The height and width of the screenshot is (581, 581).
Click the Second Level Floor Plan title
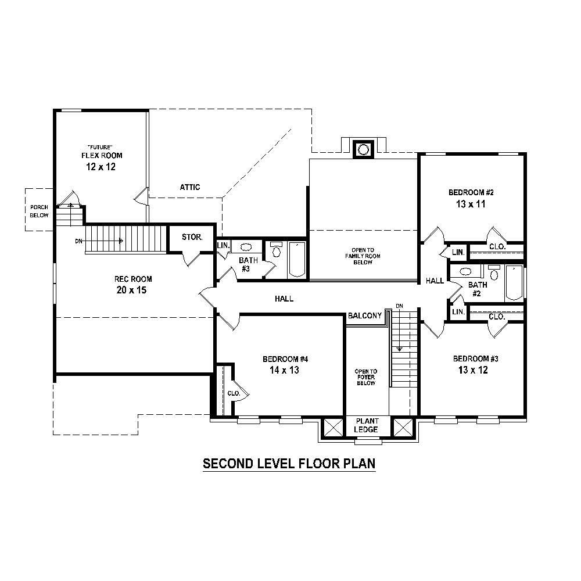[x=289, y=464]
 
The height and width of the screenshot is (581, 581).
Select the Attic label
[x=189, y=187]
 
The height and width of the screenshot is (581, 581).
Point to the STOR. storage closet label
[x=192, y=237]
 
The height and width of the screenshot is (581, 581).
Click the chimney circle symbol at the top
[x=363, y=149]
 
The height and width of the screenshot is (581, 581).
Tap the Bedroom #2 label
[x=471, y=192]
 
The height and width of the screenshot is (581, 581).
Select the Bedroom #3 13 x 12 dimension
[x=471, y=370]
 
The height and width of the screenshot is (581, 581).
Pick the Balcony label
[x=364, y=316]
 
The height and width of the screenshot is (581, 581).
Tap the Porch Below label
[x=39, y=210]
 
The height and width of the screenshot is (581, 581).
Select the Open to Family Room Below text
[x=362, y=256]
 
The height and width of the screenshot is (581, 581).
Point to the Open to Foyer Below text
[x=366, y=377]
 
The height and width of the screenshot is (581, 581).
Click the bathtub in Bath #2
[x=514, y=282]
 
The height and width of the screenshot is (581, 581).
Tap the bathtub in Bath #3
[x=296, y=259]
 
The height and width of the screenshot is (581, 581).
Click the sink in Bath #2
[x=465, y=271]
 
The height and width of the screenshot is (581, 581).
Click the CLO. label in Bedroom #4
[x=234, y=393]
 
